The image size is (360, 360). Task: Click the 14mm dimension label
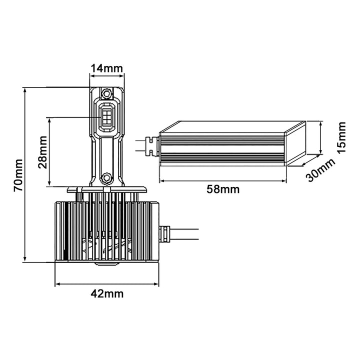pyautogui.click(x=107, y=68)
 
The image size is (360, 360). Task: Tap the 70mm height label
pyautogui.click(x=18, y=175)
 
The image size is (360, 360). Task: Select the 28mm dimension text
pyautogui.click(x=42, y=152)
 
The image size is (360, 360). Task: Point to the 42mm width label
pyautogui.click(x=107, y=293)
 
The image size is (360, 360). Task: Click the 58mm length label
pyautogui.click(x=223, y=189)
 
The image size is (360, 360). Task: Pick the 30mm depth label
pyautogui.click(x=321, y=170)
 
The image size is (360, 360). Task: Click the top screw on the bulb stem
pyautogui.click(x=106, y=93)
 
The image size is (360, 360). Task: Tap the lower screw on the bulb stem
pyautogui.click(x=106, y=177)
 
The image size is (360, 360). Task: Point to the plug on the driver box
pyautogui.click(x=151, y=146)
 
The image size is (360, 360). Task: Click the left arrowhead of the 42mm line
pyautogui.click(x=57, y=284)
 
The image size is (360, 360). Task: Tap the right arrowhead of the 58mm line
pyautogui.click(x=284, y=181)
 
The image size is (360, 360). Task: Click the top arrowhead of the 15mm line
pyautogui.click(x=321, y=124)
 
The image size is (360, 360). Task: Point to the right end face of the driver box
pyautogui.click(x=295, y=143)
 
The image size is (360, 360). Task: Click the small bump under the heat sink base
pyautogui.click(x=107, y=263)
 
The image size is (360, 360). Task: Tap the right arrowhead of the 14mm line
pyautogui.click(x=121, y=76)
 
